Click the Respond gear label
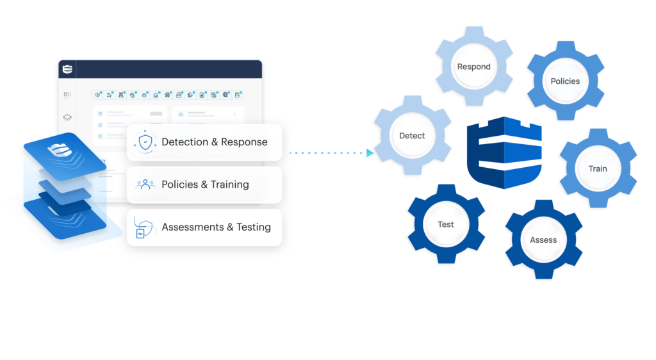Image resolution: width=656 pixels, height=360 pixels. pos(473,67)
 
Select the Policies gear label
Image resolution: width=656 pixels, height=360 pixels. pos(565,81)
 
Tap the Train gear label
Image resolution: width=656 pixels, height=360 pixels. pos(597,169)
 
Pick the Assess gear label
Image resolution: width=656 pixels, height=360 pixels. pos(543,240)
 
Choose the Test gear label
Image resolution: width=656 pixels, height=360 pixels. pos(445,224)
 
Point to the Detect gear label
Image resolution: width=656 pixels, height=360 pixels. pos(412,136)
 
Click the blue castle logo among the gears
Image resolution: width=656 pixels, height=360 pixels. pos(505,153)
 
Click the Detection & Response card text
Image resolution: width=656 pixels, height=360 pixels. pos(215,142)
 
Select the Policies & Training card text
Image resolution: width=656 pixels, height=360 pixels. pos(205,184)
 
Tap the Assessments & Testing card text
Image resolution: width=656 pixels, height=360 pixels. pos(216,227)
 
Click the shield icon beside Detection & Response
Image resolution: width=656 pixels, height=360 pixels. pos(145,142)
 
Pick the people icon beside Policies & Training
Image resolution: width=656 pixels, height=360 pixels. pos(145,184)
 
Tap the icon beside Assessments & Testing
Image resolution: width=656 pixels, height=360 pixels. pos(144,228)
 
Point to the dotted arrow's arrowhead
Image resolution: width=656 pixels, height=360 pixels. pos(370,153)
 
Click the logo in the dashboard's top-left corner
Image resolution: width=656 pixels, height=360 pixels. pos(67,70)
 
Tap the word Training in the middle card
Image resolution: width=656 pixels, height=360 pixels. pos(229,184)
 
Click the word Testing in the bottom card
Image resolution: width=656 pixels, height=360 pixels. pos(253,227)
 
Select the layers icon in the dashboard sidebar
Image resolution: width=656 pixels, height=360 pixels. pos(67,117)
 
